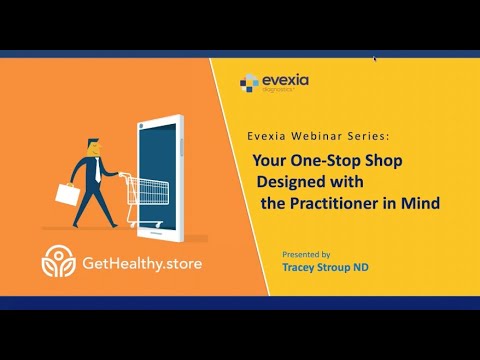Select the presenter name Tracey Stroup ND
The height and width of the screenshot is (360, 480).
tap(326, 268)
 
